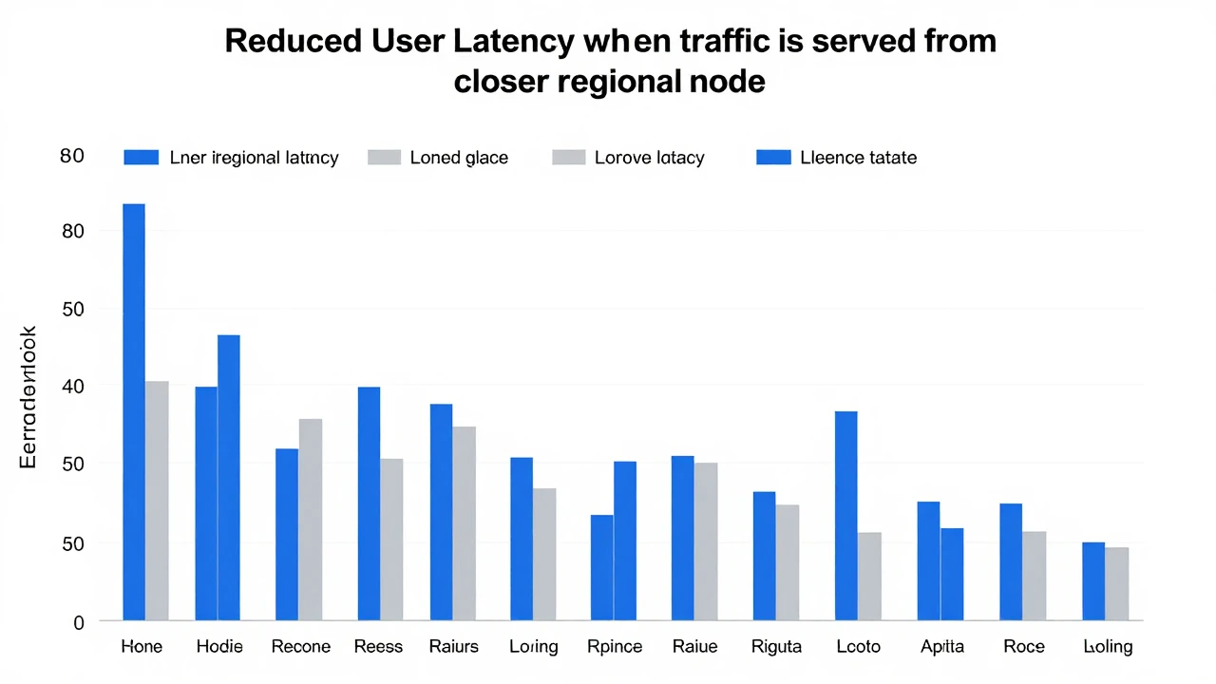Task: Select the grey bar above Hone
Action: point(157,501)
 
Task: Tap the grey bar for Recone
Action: point(311,520)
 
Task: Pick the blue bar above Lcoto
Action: point(845,516)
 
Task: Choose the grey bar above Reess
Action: point(391,540)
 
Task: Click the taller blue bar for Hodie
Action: point(229,478)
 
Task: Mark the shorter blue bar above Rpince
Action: point(601,568)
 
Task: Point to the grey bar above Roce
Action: point(1035,576)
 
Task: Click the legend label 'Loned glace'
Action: point(459,158)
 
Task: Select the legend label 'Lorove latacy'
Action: point(650,158)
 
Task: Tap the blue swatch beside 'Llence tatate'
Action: point(773,158)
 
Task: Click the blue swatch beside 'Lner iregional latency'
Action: point(141,158)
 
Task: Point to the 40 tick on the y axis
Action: point(73,387)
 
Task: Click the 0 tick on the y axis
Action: point(79,622)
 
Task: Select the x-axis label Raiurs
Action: point(454,647)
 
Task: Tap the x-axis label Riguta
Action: point(776,647)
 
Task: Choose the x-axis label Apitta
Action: point(942,647)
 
